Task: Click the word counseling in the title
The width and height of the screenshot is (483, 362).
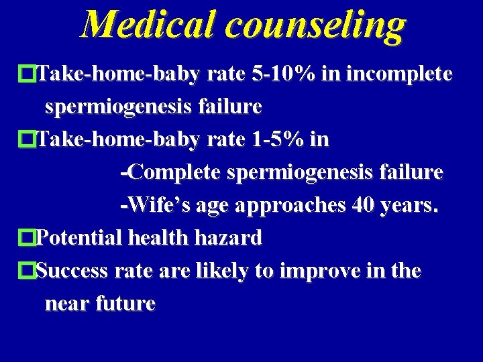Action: [x=316, y=25]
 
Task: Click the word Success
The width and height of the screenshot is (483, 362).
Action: [x=72, y=271]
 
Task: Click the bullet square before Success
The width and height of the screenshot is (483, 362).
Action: [x=28, y=271]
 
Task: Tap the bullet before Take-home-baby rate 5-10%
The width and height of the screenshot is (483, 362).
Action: [x=28, y=74]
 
